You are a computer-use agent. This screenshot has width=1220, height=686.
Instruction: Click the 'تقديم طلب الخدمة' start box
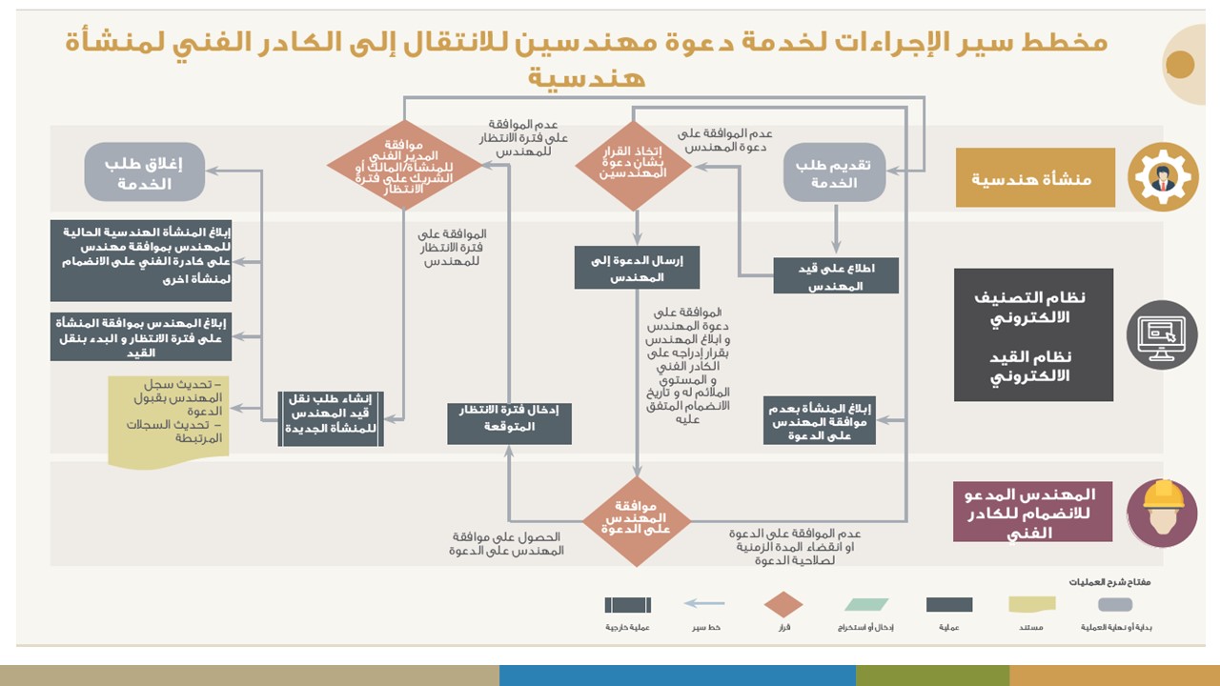[835, 172]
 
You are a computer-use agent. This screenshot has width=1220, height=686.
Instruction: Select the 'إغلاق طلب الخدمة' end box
[144, 172]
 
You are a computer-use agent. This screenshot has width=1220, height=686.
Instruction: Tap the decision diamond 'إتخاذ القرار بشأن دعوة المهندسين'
[633, 166]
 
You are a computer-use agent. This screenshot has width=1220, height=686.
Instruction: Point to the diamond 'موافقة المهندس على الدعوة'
[637, 521]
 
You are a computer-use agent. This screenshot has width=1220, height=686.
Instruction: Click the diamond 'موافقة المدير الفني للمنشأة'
[405, 165]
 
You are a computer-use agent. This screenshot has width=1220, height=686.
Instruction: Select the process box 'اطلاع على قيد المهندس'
[835, 275]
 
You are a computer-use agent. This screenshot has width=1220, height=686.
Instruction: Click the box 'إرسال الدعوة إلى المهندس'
[637, 268]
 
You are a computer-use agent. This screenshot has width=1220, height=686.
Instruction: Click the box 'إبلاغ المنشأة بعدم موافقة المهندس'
[820, 418]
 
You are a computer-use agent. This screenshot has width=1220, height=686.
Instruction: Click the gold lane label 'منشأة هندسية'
[1035, 178]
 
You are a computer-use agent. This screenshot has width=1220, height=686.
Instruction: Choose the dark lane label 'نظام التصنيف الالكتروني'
[1033, 335]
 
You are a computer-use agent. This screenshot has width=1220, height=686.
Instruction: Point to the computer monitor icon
[1162, 334]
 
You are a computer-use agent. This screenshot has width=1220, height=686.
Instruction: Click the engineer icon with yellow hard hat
[1162, 513]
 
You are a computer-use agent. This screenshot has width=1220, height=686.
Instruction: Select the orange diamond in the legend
[783, 604]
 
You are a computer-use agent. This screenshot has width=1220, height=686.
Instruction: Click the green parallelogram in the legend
[865, 604]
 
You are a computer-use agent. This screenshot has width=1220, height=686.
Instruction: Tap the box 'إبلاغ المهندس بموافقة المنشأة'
[141, 336]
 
